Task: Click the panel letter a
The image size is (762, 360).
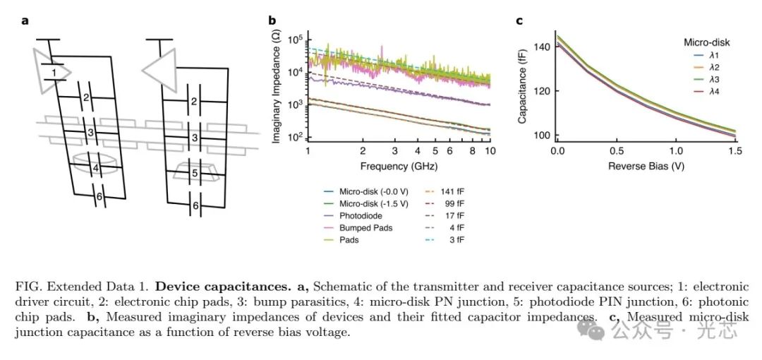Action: click(x=25, y=20)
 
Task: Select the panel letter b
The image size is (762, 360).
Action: click(x=272, y=20)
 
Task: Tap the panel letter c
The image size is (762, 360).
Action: click(x=519, y=20)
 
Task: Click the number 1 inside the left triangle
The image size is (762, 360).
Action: click(x=53, y=72)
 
